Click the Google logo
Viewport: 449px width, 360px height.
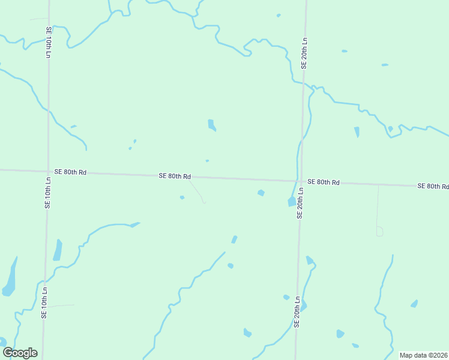tap(20, 353)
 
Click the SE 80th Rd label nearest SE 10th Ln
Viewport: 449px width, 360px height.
tap(71, 172)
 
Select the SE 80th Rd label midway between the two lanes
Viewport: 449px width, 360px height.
tap(175, 176)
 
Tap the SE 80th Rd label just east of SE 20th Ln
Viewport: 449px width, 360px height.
tap(324, 182)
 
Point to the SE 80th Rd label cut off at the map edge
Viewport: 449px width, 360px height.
tap(433, 187)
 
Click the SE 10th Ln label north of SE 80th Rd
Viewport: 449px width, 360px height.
tap(48, 42)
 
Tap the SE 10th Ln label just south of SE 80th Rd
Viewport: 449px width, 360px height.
tap(47, 192)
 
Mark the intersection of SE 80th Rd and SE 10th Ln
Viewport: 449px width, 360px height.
tap(47, 171)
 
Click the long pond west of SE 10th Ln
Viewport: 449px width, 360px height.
tap(10, 279)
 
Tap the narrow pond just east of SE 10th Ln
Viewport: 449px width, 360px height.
tap(58, 250)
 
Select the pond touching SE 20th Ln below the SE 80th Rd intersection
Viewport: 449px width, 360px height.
tap(292, 202)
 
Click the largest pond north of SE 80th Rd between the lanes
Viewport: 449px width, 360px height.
tap(211, 125)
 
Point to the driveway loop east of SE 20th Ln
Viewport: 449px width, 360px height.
tap(379, 231)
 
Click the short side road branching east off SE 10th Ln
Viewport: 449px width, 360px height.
tap(60, 305)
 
